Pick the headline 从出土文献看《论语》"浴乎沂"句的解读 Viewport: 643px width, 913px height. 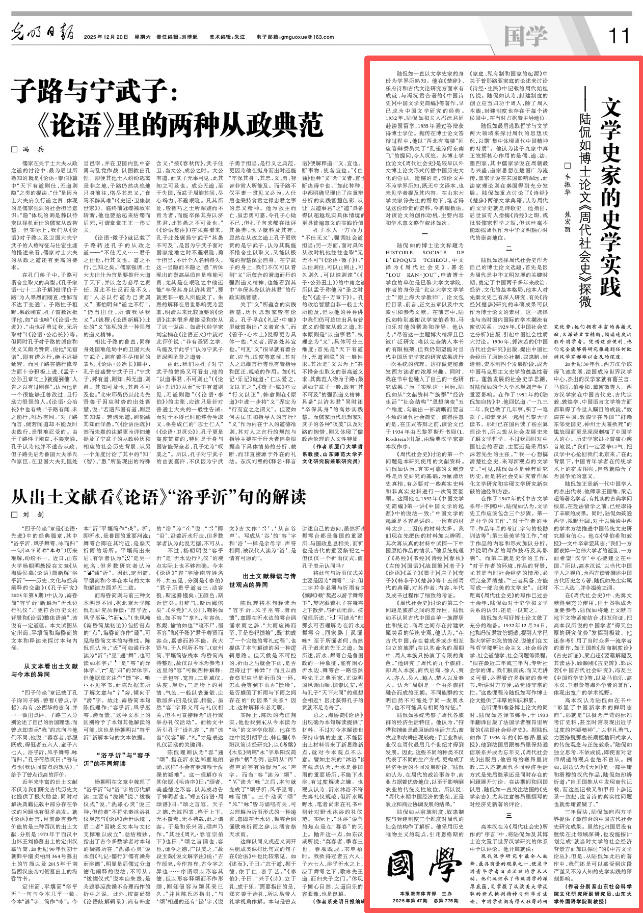tap(158, 497)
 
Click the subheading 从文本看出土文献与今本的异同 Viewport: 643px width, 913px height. tap(45, 670)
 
